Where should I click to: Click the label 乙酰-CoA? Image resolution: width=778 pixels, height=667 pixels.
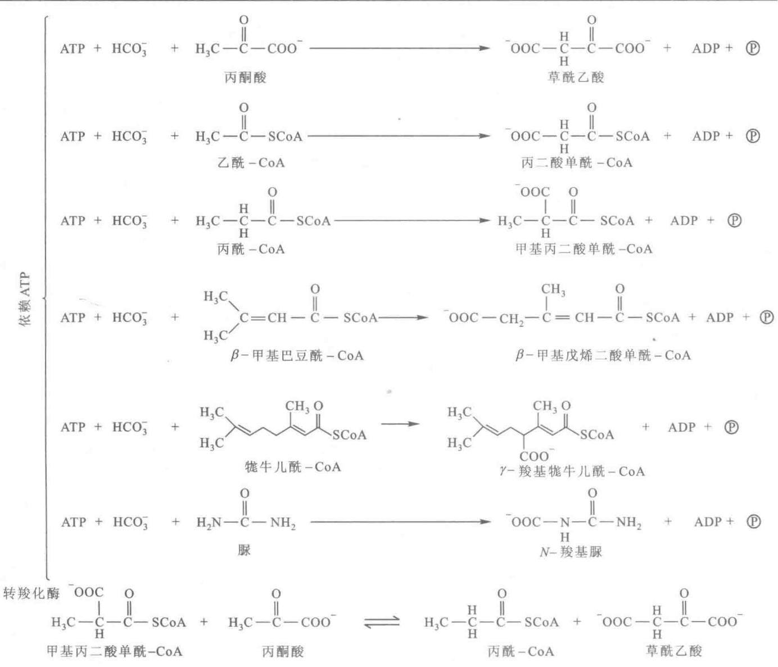251,163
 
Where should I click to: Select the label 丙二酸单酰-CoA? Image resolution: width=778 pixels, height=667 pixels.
576,163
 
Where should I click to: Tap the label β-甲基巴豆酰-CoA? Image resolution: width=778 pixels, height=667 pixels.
297,355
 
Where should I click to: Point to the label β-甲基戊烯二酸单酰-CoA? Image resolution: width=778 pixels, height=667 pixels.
603,355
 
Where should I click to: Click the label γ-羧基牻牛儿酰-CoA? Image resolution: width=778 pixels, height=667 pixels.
572,471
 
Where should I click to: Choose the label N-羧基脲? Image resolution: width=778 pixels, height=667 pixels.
571,552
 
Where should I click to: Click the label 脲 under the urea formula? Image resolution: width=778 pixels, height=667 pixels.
244,550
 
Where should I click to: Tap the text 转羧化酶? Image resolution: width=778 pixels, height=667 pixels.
31,593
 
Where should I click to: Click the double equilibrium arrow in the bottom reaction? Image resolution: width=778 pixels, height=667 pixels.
382,621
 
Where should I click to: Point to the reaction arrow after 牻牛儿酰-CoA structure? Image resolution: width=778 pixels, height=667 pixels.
400,424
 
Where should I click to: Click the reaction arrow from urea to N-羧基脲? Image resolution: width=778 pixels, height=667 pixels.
400,522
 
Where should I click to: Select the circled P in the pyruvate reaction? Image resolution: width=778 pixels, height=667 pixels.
752,48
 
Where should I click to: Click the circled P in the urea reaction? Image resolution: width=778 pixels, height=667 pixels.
753,522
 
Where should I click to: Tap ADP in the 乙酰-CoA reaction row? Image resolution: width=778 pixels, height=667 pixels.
706,136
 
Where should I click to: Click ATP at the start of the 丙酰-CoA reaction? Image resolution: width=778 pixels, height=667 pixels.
73,220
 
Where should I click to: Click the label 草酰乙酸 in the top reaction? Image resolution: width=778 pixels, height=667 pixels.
576,78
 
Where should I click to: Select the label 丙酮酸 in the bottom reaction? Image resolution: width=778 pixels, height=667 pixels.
283,651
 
